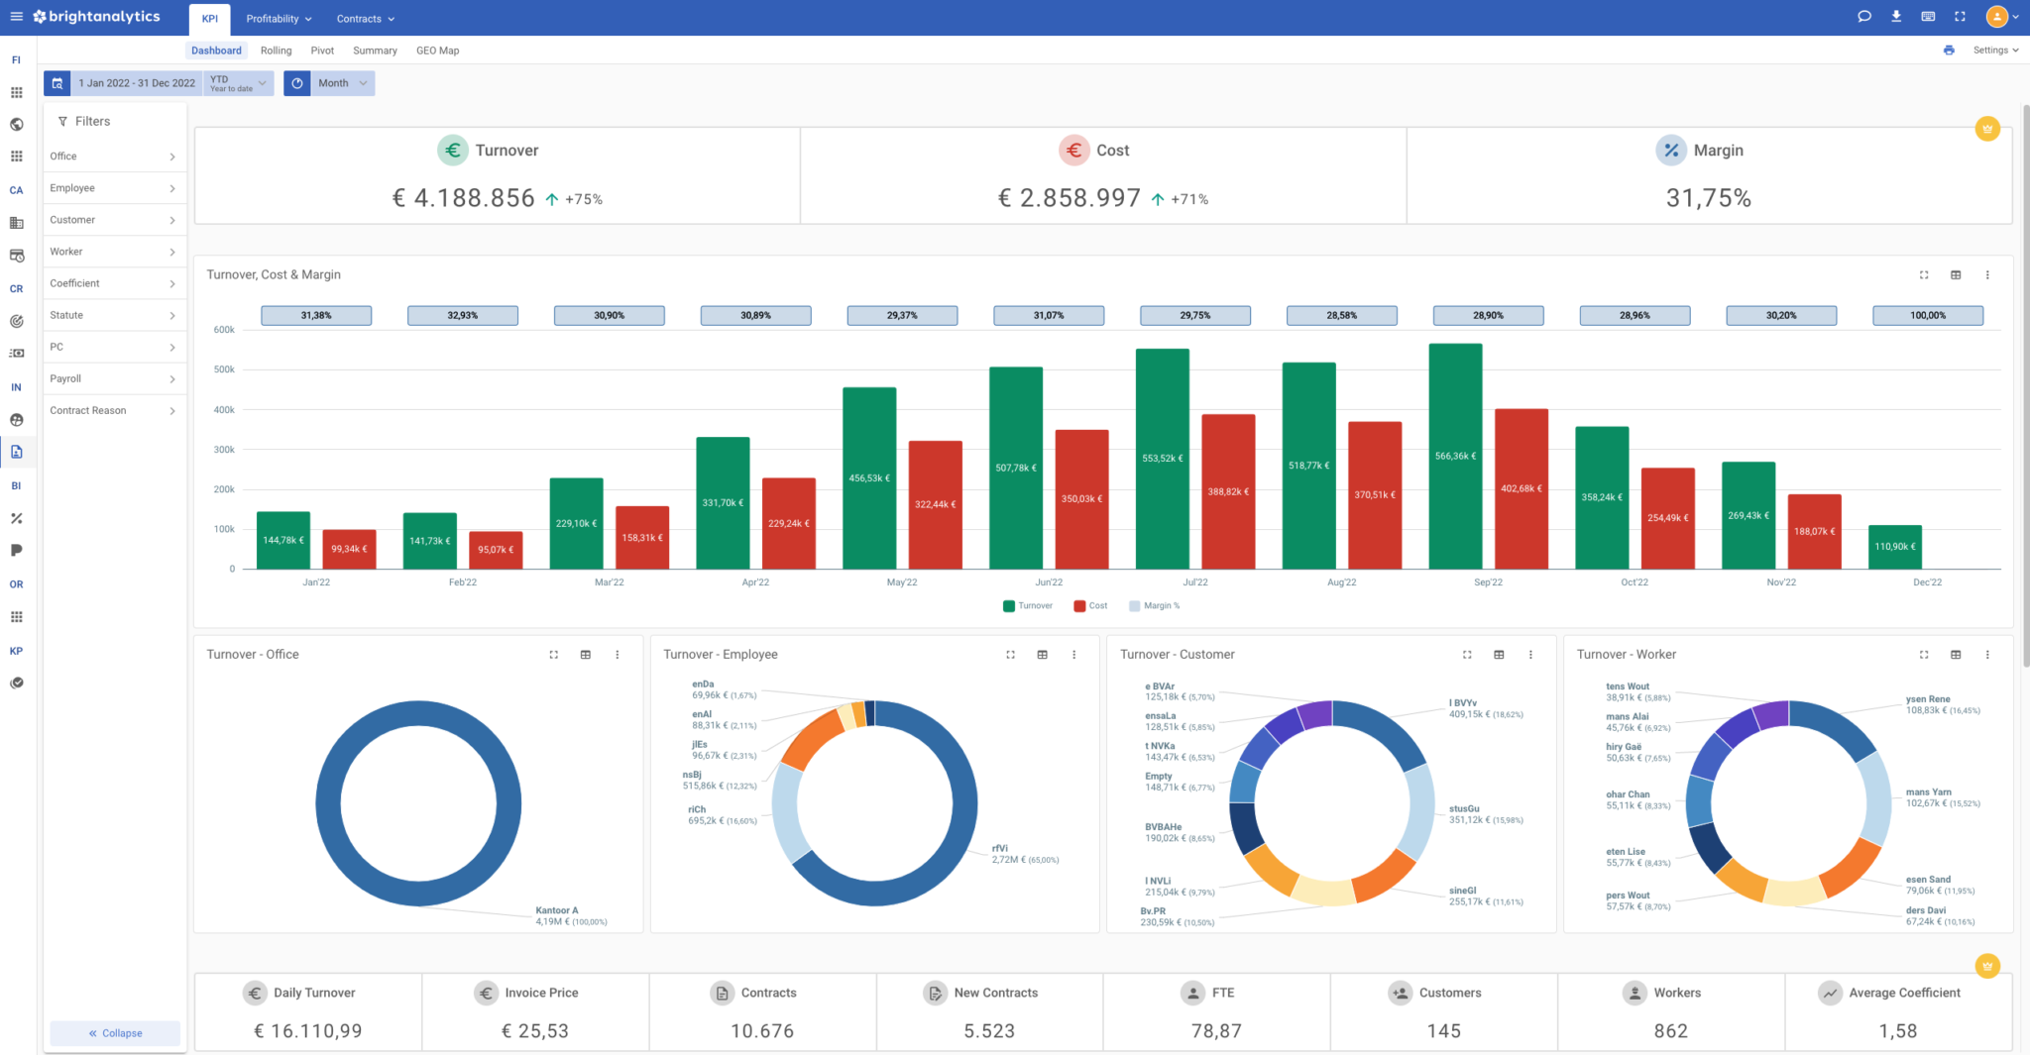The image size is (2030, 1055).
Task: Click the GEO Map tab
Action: (x=437, y=51)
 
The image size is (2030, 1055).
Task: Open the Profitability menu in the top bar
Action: (x=279, y=19)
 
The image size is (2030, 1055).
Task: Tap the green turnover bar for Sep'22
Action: (x=1455, y=457)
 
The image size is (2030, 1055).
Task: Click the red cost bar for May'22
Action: (x=935, y=504)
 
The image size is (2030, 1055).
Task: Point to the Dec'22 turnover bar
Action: (x=1894, y=547)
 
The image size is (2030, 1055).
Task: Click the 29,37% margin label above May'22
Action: (x=902, y=315)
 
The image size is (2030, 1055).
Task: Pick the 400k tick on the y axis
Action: (x=224, y=410)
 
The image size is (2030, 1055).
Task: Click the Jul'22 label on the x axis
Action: (x=1194, y=582)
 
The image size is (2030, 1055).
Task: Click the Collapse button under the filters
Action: (x=115, y=1033)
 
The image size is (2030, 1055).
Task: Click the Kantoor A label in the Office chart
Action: (x=557, y=910)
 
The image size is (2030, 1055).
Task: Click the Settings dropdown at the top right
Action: (x=1994, y=51)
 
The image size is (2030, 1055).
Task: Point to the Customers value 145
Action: (x=1443, y=1031)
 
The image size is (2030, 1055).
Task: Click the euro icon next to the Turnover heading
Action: (x=453, y=151)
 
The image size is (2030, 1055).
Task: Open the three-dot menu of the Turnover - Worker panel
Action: (x=1986, y=655)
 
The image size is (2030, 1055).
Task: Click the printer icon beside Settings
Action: (x=1949, y=51)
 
